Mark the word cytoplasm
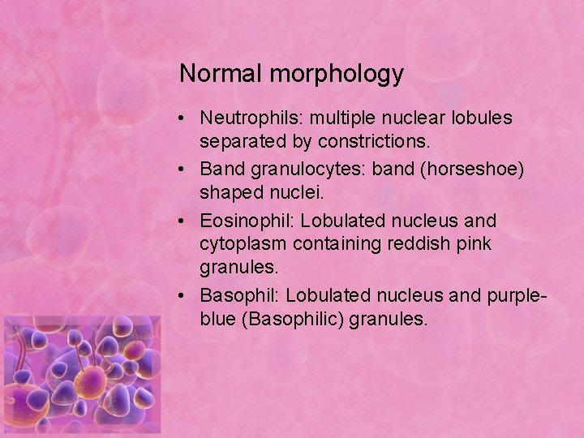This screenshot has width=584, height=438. [239, 244]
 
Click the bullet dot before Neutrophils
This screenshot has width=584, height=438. [186, 119]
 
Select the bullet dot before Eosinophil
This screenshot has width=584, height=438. [186, 221]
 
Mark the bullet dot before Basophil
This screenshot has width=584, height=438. [186, 296]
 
